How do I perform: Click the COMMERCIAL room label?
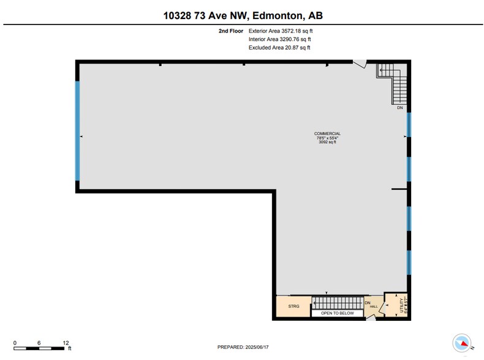click(x=327, y=133)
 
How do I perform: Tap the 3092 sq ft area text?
click(x=327, y=142)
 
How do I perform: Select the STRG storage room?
click(x=292, y=306)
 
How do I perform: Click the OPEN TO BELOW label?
click(x=337, y=313)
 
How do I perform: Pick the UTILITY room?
click(x=401, y=303)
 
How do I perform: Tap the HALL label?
click(x=373, y=306)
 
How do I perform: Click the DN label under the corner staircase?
click(x=399, y=108)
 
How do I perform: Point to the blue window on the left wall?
click(x=77, y=131)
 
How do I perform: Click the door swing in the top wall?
click(x=360, y=63)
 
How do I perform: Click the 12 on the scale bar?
click(x=66, y=342)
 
